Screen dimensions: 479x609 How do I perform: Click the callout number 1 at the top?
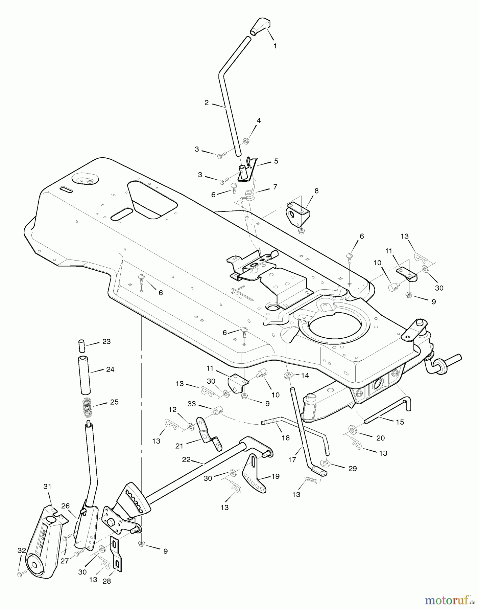275,46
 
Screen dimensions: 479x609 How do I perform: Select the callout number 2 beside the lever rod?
207,103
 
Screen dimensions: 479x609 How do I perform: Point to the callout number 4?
259,120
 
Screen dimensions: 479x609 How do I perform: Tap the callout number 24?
110,369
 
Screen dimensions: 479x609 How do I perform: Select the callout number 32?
22,550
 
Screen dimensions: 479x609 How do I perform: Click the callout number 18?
286,438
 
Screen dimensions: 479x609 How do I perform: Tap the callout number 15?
400,422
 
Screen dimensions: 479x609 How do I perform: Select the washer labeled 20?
352,430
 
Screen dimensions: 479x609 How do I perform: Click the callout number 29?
353,469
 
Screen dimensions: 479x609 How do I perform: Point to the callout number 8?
316,191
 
